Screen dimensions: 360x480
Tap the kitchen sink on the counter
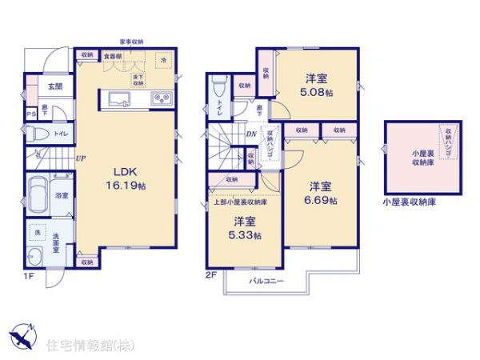pos(118,100)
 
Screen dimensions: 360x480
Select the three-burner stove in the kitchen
pos(159,100)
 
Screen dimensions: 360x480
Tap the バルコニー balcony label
pos(264,282)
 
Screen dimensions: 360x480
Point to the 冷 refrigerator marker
pos(164,59)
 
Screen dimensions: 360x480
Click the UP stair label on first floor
pos(81,158)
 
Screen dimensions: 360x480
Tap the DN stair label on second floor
pos(250,134)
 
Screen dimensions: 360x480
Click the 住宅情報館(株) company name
pos(81,346)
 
